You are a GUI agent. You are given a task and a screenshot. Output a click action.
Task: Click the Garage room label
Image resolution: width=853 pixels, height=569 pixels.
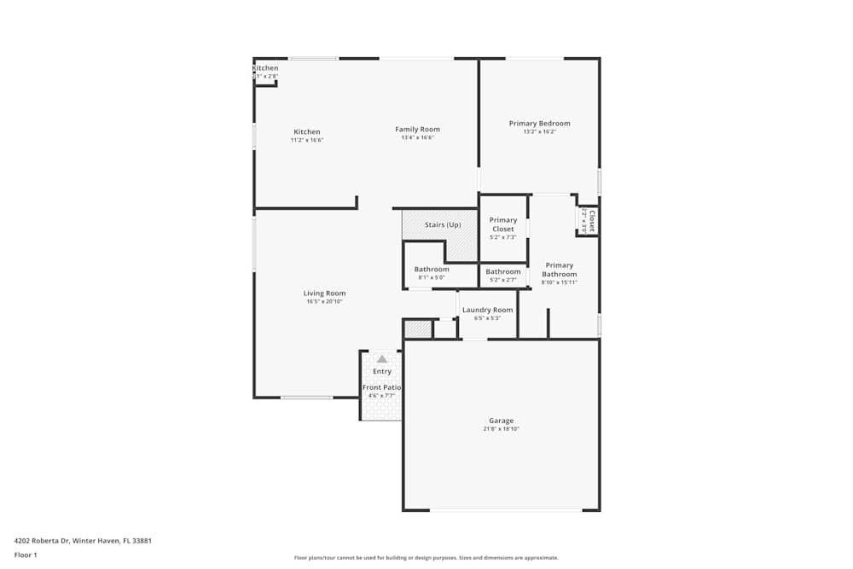pyautogui.click(x=501, y=421)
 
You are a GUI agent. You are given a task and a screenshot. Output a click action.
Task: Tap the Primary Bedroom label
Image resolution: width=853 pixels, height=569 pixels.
pyautogui.click(x=539, y=124)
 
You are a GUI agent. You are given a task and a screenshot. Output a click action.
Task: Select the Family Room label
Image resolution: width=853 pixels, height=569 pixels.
pyautogui.click(x=417, y=130)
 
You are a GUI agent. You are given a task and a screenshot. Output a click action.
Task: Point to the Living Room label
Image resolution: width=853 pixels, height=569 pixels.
pyautogui.click(x=324, y=293)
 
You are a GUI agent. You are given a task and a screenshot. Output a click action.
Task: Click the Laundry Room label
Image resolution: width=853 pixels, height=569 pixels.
pyautogui.click(x=487, y=310)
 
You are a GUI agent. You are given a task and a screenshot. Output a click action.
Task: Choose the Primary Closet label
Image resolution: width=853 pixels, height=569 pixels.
pyautogui.click(x=502, y=224)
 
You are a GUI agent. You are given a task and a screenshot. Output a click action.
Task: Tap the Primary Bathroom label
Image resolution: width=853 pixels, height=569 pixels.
pyautogui.click(x=559, y=270)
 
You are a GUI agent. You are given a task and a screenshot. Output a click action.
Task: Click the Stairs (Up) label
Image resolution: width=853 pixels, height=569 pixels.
pyautogui.click(x=443, y=225)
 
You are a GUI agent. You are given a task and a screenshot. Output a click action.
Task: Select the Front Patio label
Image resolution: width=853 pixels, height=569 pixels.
pyautogui.click(x=381, y=387)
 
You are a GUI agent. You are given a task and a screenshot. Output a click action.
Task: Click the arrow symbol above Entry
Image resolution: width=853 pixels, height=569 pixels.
pyautogui.click(x=381, y=359)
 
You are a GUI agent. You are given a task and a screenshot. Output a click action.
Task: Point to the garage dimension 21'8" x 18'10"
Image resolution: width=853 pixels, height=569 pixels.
pyautogui.click(x=501, y=429)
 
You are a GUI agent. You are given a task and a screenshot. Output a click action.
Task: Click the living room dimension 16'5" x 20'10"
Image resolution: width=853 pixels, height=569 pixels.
pyautogui.click(x=324, y=302)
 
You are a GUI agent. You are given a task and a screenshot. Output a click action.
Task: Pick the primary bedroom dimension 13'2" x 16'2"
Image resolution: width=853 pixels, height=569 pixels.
pyautogui.click(x=539, y=132)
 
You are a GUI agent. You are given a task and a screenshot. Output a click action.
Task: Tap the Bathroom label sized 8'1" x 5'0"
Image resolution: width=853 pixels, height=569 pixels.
pyautogui.click(x=432, y=270)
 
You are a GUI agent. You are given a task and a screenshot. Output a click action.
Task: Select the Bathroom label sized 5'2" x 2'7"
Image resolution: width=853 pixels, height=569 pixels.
pyautogui.click(x=502, y=272)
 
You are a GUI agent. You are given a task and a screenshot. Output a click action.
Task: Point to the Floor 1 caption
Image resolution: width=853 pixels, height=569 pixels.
pyautogui.click(x=26, y=554)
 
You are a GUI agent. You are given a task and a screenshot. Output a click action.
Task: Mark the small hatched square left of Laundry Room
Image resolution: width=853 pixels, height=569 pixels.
pyautogui.click(x=417, y=329)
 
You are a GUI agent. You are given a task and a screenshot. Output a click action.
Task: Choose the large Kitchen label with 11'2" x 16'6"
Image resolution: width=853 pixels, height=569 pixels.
pyautogui.click(x=307, y=132)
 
